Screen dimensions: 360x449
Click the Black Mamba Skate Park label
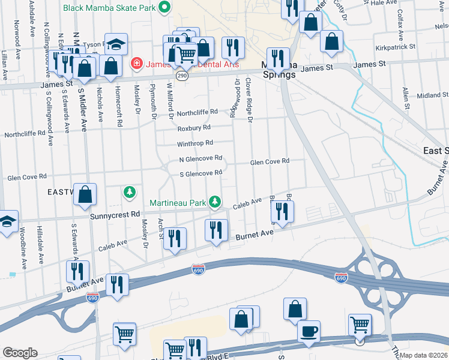point(110,8)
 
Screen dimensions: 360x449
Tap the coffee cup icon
point(309,331)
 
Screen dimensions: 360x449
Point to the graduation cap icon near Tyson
point(115,44)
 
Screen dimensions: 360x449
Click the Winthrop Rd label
point(194,143)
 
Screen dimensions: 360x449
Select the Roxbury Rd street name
point(193,128)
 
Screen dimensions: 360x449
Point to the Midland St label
point(429,95)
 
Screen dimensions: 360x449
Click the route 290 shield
point(181,76)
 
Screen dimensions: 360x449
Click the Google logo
point(20,353)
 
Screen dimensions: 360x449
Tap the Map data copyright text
point(424,355)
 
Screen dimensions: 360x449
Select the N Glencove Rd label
point(201,159)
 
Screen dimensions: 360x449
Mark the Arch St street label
point(160,228)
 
